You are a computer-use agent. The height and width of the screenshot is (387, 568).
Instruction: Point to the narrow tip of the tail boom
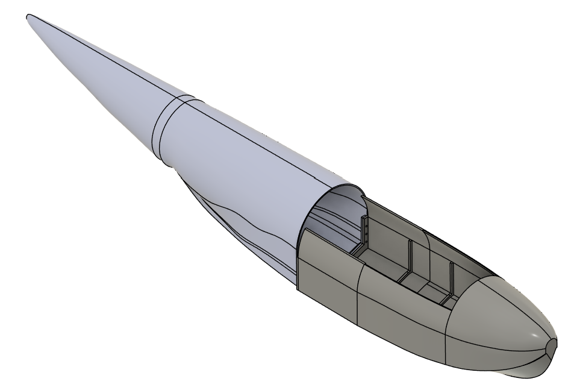[30, 18]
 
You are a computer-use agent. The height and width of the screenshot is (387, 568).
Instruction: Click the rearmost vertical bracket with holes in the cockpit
[364, 232]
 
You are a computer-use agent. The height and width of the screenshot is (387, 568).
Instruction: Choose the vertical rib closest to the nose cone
[451, 280]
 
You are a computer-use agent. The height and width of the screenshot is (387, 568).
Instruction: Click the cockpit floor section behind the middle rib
[379, 265]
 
